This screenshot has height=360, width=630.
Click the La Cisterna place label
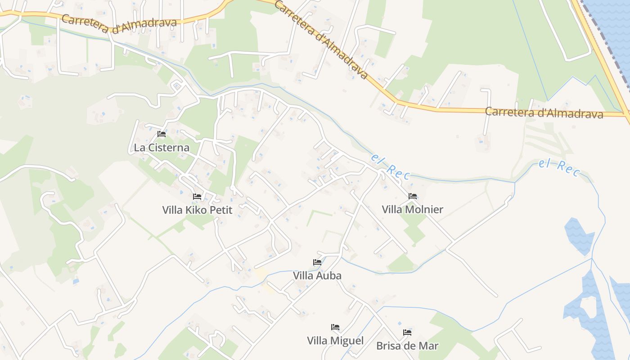[x=162, y=148]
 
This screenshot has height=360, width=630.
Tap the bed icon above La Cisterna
[x=162, y=134]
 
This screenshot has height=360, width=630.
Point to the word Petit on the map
[x=221, y=210]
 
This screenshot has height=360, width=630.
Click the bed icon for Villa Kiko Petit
[x=197, y=196]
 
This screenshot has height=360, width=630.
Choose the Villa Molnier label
[x=412, y=209]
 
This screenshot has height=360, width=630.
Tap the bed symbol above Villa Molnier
[x=413, y=196]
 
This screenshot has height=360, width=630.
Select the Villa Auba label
[x=317, y=275]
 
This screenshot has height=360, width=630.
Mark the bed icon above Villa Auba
[x=317, y=262]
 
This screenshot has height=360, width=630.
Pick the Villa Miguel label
[x=335, y=341]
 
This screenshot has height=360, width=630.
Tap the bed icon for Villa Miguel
[x=335, y=327]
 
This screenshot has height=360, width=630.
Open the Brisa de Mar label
[x=407, y=346]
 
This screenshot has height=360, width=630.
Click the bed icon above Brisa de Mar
[x=407, y=333]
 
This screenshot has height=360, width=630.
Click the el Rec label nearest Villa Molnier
[x=390, y=166]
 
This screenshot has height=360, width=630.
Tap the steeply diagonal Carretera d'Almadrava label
[x=320, y=40]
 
